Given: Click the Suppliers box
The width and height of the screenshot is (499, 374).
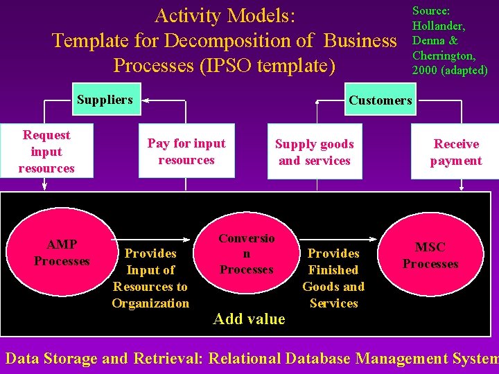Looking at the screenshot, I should coord(105,100).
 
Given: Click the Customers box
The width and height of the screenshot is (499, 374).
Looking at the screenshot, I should coord(380,100).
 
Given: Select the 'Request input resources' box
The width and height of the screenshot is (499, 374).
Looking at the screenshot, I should coord(46,152).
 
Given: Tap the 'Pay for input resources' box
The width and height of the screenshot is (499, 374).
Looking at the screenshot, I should coord(186,152).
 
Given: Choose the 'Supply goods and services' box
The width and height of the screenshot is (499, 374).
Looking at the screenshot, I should coord(315,152).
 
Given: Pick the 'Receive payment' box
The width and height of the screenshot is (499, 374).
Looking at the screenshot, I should coord(455,152).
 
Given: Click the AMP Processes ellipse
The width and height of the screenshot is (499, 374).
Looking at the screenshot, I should coord(62,252).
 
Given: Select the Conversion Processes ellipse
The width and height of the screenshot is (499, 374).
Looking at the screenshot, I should coord(246,253).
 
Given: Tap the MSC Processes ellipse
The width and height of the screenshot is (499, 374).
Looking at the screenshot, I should coord(430,255).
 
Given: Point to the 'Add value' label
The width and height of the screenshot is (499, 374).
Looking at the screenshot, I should coord(249,319).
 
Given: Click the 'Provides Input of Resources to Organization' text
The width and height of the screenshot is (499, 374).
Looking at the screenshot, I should coord(150,278).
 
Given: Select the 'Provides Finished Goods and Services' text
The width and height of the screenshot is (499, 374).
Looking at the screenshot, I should coord(333,278).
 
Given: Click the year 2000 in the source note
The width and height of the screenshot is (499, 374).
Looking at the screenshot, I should coord(423,70).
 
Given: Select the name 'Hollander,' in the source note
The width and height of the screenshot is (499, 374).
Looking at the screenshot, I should coord(438,26).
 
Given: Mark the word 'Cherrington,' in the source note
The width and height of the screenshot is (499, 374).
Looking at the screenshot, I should coord(444,55).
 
